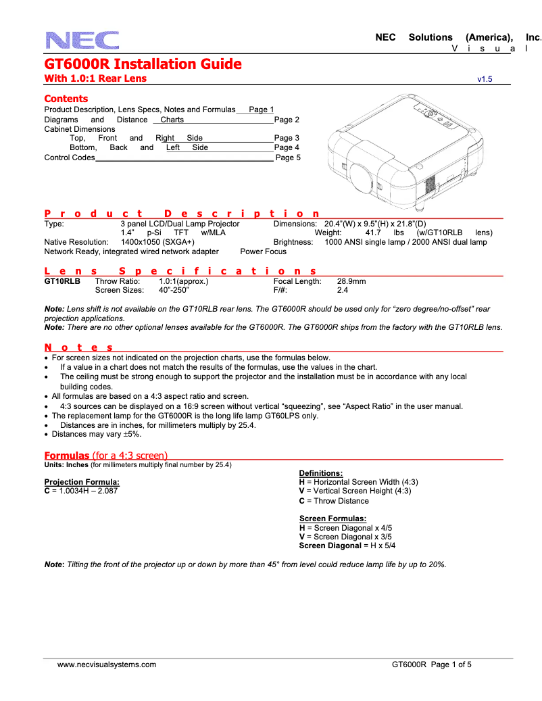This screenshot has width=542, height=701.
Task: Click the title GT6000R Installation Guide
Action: tap(143, 64)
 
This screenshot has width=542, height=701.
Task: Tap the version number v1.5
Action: tap(485, 79)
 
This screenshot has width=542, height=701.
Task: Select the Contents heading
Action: tap(66, 99)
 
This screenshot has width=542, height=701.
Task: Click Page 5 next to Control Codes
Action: tap(287, 158)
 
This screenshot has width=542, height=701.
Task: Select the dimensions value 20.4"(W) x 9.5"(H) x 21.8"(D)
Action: tap(375, 223)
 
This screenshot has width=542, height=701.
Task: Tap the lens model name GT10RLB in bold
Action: tap(62, 281)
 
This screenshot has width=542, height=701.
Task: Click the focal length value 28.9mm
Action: tap(351, 281)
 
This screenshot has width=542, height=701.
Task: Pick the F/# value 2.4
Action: tap(342, 290)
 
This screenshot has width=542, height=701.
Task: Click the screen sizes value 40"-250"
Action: tap(174, 290)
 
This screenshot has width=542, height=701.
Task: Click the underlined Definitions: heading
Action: tap(320, 473)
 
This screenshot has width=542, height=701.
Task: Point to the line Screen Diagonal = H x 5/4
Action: tap(347, 546)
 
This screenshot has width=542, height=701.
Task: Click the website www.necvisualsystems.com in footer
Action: tap(107, 664)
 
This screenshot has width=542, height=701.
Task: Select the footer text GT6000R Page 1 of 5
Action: tap(431, 664)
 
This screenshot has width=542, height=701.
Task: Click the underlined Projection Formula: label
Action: tap(82, 482)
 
